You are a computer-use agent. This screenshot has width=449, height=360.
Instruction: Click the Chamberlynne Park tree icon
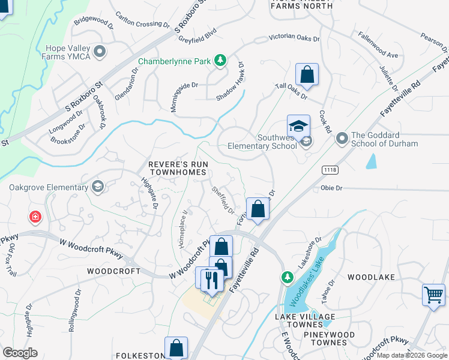pyautogui.click(x=221, y=60)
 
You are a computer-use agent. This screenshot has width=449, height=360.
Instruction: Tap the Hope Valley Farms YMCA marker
pyautogui.click(x=100, y=52)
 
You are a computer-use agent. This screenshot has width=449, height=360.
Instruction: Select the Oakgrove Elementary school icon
pyautogui.click(x=97, y=187)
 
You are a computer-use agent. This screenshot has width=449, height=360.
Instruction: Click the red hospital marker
pyautogui.click(x=35, y=217)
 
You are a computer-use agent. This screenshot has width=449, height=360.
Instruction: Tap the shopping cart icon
pyautogui.click(x=433, y=295)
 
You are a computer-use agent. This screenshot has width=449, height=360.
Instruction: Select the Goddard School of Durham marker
pyautogui.click(x=342, y=139)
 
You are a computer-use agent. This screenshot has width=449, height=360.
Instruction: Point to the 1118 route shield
pyautogui.click(x=330, y=170)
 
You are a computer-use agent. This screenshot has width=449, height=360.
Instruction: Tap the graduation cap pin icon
pyautogui.click(x=298, y=126)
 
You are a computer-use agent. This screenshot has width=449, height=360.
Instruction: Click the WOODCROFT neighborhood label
pyautogui.click(x=109, y=271)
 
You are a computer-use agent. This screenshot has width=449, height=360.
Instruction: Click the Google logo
pyautogui.click(x=20, y=352)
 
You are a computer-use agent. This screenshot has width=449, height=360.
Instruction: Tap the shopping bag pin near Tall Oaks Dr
pyautogui.click(x=307, y=74)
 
